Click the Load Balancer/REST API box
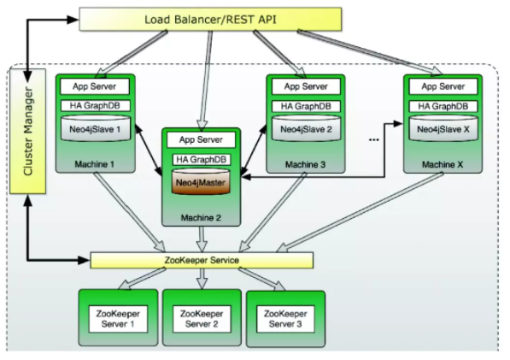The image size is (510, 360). [210, 20]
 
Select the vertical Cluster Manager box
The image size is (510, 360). [28, 131]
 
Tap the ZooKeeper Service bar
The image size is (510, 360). [202, 261]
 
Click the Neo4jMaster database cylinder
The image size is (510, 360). [201, 181]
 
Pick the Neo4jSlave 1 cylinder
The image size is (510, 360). [96, 128]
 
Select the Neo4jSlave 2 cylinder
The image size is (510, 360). [306, 128]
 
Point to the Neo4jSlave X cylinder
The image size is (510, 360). [443, 128]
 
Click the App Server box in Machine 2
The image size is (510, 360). [201, 140]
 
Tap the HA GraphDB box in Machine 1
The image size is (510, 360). [96, 106]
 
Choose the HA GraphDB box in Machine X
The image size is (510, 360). [443, 106]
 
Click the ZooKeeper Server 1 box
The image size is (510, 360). [118, 319]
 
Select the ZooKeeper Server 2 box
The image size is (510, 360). [202, 319]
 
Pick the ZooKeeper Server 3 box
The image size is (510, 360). [285, 319]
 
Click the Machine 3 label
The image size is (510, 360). [306, 165]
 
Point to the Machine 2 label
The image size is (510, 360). [201, 218]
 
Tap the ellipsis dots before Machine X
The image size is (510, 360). [374, 140]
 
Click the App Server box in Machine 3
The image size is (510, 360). [306, 86]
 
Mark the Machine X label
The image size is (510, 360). [443, 165]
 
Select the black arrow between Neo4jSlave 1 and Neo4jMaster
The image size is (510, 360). [149, 150]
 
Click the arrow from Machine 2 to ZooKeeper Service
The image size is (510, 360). [202, 239]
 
